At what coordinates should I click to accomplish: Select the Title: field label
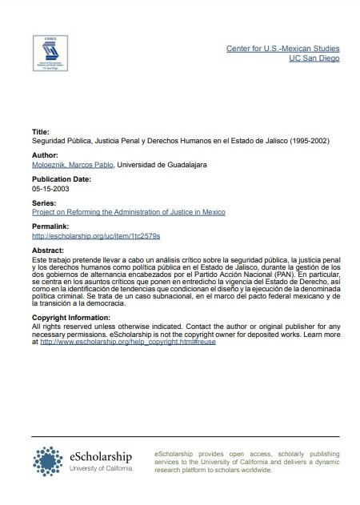[x=41, y=130]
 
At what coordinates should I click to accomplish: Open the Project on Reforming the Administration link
[x=128, y=214]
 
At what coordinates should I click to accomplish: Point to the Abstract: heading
[x=47, y=250]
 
